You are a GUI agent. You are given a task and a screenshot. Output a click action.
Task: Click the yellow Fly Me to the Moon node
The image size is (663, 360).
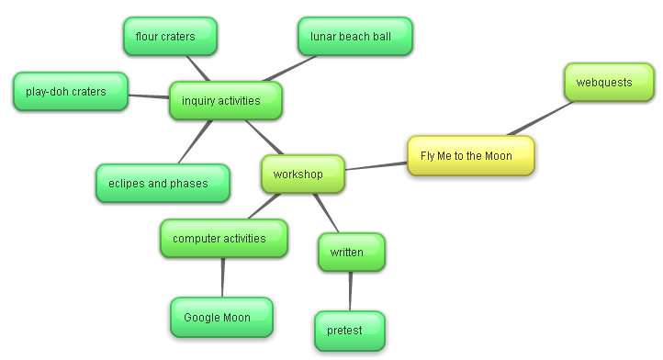pyautogui.click(x=471, y=156)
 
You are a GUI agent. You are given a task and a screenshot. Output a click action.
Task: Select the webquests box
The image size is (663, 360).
pyautogui.click(x=609, y=83)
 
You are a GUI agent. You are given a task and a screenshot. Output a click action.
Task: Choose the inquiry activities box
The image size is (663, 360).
pyautogui.click(x=224, y=101)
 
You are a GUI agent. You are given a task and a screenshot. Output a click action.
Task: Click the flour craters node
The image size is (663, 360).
pyautogui.click(x=170, y=37)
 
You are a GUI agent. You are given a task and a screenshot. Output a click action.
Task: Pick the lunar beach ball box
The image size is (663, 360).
pyautogui.click(x=354, y=37)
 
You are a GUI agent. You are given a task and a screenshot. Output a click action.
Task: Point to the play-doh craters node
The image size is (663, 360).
pyautogui.click(x=70, y=92)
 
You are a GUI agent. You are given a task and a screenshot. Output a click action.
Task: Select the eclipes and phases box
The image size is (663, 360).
pyautogui.click(x=163, y=184)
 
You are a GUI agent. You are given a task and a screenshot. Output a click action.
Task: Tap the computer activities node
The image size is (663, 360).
pyautogui.click(x=223, y=239)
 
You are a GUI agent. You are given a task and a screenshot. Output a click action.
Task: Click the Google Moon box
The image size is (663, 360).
pyautogui.click(x=221, y=318)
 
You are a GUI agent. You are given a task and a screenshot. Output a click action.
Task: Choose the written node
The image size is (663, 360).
pyautogui.click(x=351, y=253)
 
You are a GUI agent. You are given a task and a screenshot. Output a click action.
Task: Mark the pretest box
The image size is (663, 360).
pyautogui.click(x=349, y=331)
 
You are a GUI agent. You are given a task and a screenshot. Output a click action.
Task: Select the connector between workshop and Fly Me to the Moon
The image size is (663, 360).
pyautogui.click(x=376, y=166)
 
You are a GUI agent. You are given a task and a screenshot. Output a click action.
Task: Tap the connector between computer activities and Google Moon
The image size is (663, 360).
pyautogui.click(x=222, y=277)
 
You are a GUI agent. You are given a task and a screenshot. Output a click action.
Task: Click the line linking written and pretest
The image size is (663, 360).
pyautogui.click(x=350, y=292)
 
